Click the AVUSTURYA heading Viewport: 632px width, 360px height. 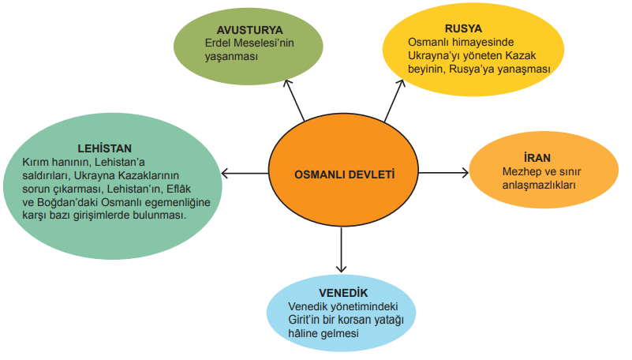point(249,30)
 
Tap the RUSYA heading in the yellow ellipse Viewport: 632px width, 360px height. point(463,28)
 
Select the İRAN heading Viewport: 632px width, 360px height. point(537,157)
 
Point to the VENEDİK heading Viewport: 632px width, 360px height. point(343,292)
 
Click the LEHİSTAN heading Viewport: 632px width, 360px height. point(105,148)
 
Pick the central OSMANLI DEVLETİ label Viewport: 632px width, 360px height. point(345,174)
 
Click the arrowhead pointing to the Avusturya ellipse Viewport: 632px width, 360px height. point(287,84)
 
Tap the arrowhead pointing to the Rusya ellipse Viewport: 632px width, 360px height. point(401,84)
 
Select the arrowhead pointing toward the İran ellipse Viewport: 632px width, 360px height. point(464,173)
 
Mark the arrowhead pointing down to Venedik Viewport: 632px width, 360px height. point(342,268)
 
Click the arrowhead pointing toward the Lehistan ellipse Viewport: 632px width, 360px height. point(226,174)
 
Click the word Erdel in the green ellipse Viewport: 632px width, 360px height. point(218,43)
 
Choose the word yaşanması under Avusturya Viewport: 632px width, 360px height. point(231,57)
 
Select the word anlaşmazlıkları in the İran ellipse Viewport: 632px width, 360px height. point(539,186)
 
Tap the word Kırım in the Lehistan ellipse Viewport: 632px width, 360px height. point(36,162)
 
